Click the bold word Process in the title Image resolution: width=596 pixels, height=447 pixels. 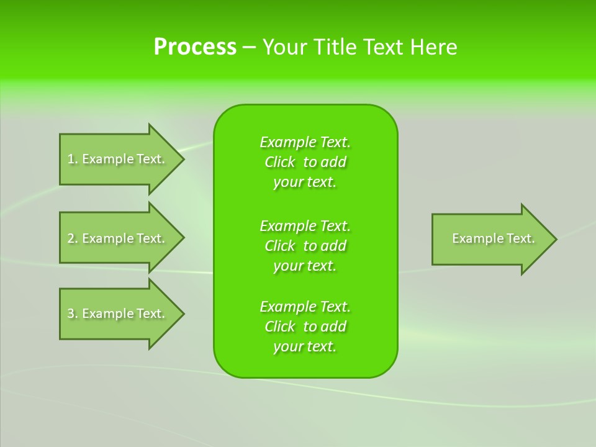tap(195, 47)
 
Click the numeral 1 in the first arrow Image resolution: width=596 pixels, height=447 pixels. tap(71, 159)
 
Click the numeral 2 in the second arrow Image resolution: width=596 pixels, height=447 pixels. tap(71, 238)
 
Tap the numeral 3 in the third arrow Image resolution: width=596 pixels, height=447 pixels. tap(71, 314)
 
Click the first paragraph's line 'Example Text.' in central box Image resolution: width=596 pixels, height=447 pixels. tap(305, 142)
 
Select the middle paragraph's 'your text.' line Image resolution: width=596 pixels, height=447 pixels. tap(305, 266)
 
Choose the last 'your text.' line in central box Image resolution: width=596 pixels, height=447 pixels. tap(305, 346)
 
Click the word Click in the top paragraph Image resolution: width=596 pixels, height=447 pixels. tap(280, 162)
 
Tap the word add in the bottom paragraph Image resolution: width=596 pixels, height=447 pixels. tap(333, 327)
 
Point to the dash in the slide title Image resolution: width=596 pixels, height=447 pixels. tap(249, 47)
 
